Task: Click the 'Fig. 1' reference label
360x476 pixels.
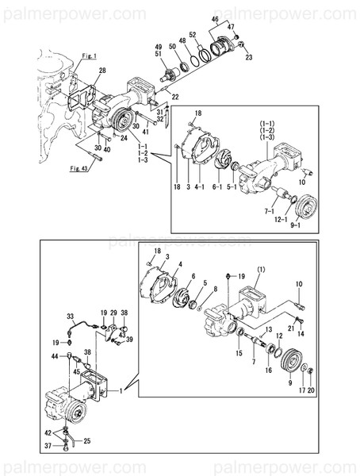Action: click(x=89, y=57)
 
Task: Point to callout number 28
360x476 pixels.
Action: click(x=101, y=72)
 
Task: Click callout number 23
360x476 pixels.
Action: click(x=248, y=57)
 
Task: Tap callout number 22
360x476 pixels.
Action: click(x=175, y=97)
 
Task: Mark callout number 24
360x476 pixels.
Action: click(x=124, y=137)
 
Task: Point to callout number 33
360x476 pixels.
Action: click(x=70, y=316)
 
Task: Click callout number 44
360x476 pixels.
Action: click(x=67, y=358)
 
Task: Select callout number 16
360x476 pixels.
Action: click(x=268, y=370)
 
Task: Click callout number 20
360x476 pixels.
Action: click(x=311, y=390)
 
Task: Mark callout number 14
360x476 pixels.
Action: click(x=301, y=335)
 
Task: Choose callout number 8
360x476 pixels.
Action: click(x=214, y=290)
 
